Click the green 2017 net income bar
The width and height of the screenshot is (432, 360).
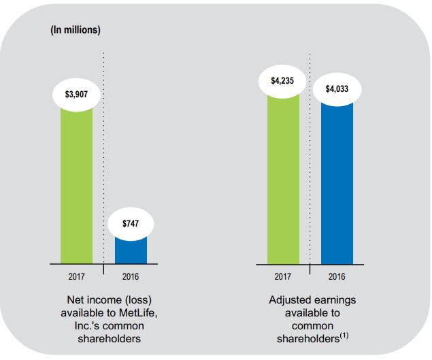click(76, 184)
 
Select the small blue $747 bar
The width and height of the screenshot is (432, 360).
click(131, 248)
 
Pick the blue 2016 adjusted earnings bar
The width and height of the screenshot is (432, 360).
click(337, 184)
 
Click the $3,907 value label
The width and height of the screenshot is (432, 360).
click(76, 93)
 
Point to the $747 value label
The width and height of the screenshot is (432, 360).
click(131, 224)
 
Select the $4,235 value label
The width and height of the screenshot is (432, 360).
click(283, 82)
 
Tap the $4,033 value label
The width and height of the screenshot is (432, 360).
click(337, 88)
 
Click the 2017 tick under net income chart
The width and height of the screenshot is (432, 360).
click(76, 277)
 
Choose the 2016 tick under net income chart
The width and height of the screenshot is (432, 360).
click(131, 277)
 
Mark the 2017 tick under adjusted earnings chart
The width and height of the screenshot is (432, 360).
click(283, 277)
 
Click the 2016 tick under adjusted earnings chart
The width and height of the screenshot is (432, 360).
click(337, 277)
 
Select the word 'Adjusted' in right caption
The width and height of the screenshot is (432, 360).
click(289, 299)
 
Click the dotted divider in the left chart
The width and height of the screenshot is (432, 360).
click(103, 157)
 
